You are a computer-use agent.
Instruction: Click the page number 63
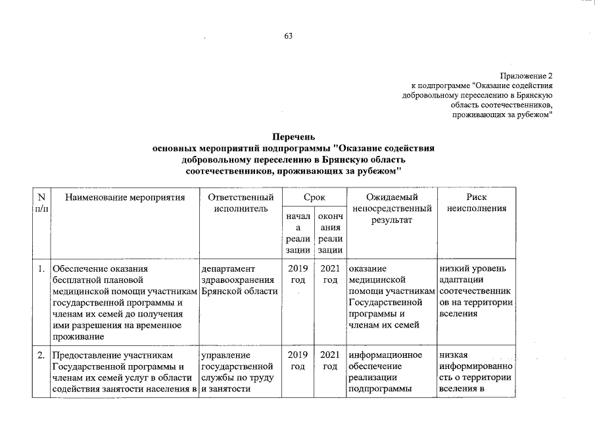click(288, 36)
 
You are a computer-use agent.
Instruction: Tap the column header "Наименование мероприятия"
click(126, 197)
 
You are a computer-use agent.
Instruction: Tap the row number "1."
click(41, 269)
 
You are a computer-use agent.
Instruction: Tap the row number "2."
click(41, 356)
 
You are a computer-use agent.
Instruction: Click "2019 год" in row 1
click(298, 274)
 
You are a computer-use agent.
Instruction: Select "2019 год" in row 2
click(298, 361)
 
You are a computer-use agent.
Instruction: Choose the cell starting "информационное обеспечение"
click(393, 372)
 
